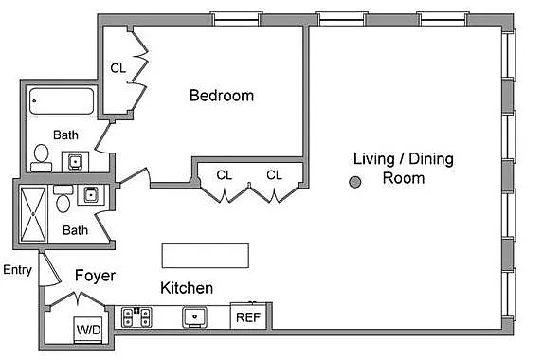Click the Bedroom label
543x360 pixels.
[222, 96]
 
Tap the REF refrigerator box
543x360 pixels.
[248, 316]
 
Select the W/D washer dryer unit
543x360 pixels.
[88, 329]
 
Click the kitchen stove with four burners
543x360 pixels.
[136, 317]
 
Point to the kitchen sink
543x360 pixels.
[194, 316]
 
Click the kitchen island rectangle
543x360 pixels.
[206, 256]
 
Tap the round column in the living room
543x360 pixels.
[355, 182]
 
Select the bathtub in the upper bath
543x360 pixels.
[62, 101]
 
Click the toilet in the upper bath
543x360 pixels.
[41, 158]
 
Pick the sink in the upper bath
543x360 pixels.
[75, 162]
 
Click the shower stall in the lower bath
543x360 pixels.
[33, 214]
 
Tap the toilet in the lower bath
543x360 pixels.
[63, 199]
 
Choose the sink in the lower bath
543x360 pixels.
[91, 194]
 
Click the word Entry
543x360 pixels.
[18, 270]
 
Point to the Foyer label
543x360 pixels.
[95, 276]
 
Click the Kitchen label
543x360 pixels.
[187, 288]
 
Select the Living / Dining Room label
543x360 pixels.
[404, 169]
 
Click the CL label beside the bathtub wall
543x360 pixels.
[118, 68]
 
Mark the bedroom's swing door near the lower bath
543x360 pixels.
[136, 176]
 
